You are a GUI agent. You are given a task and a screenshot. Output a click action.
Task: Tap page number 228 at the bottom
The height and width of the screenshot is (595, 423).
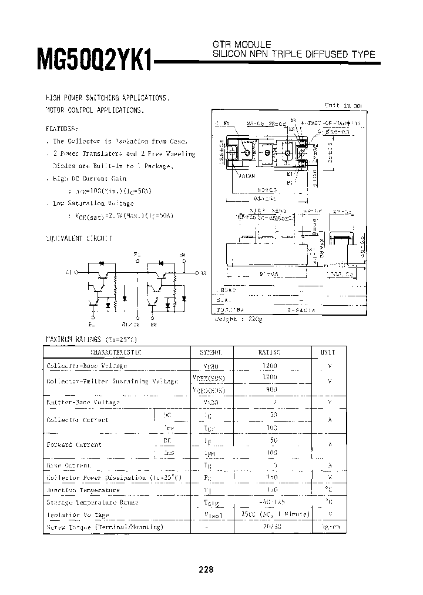206,570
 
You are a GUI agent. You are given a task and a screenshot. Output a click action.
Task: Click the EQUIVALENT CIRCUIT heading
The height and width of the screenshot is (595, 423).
79,239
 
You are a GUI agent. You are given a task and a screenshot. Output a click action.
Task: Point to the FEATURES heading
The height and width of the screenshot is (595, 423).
61,128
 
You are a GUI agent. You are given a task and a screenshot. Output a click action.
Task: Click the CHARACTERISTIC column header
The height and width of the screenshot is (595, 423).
116,352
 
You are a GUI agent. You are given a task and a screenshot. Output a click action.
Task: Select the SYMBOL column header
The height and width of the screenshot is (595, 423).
211,352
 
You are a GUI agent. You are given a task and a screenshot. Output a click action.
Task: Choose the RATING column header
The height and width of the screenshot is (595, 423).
270,352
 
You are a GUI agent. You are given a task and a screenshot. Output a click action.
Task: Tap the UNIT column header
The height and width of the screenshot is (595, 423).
328,352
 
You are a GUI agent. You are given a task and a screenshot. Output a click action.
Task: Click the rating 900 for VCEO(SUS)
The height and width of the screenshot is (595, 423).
270,389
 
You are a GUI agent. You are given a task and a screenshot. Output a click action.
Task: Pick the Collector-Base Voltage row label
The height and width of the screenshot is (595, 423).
86,366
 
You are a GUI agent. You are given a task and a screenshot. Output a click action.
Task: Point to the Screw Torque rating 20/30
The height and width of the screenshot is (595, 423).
270,526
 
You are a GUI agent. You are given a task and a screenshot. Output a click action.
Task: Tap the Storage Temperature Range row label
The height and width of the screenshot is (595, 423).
92,502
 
